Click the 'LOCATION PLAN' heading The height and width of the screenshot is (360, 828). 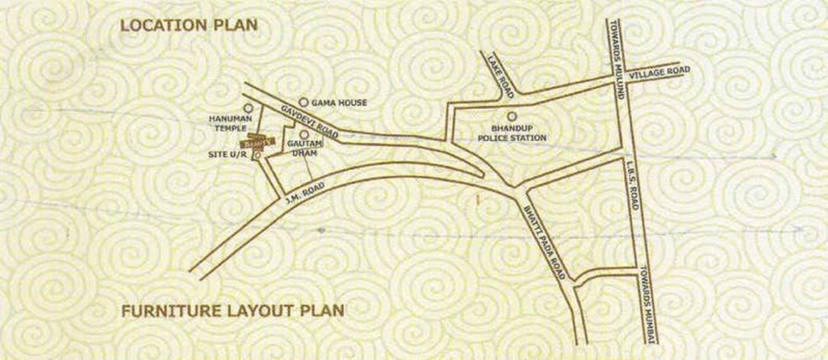[x=188, y=25]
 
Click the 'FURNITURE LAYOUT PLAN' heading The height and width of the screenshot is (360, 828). [x=232, y=310]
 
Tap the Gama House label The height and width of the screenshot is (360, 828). [x=339, y=103]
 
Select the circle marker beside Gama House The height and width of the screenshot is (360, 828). [x=304, y=102]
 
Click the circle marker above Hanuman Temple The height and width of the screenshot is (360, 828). [x=249, y=108]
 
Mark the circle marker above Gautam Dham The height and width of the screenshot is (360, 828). [x=304, y=134]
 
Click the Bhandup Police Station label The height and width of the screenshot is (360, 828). [x=512, y=133]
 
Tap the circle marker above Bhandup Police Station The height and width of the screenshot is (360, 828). [x=512, y=116]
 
